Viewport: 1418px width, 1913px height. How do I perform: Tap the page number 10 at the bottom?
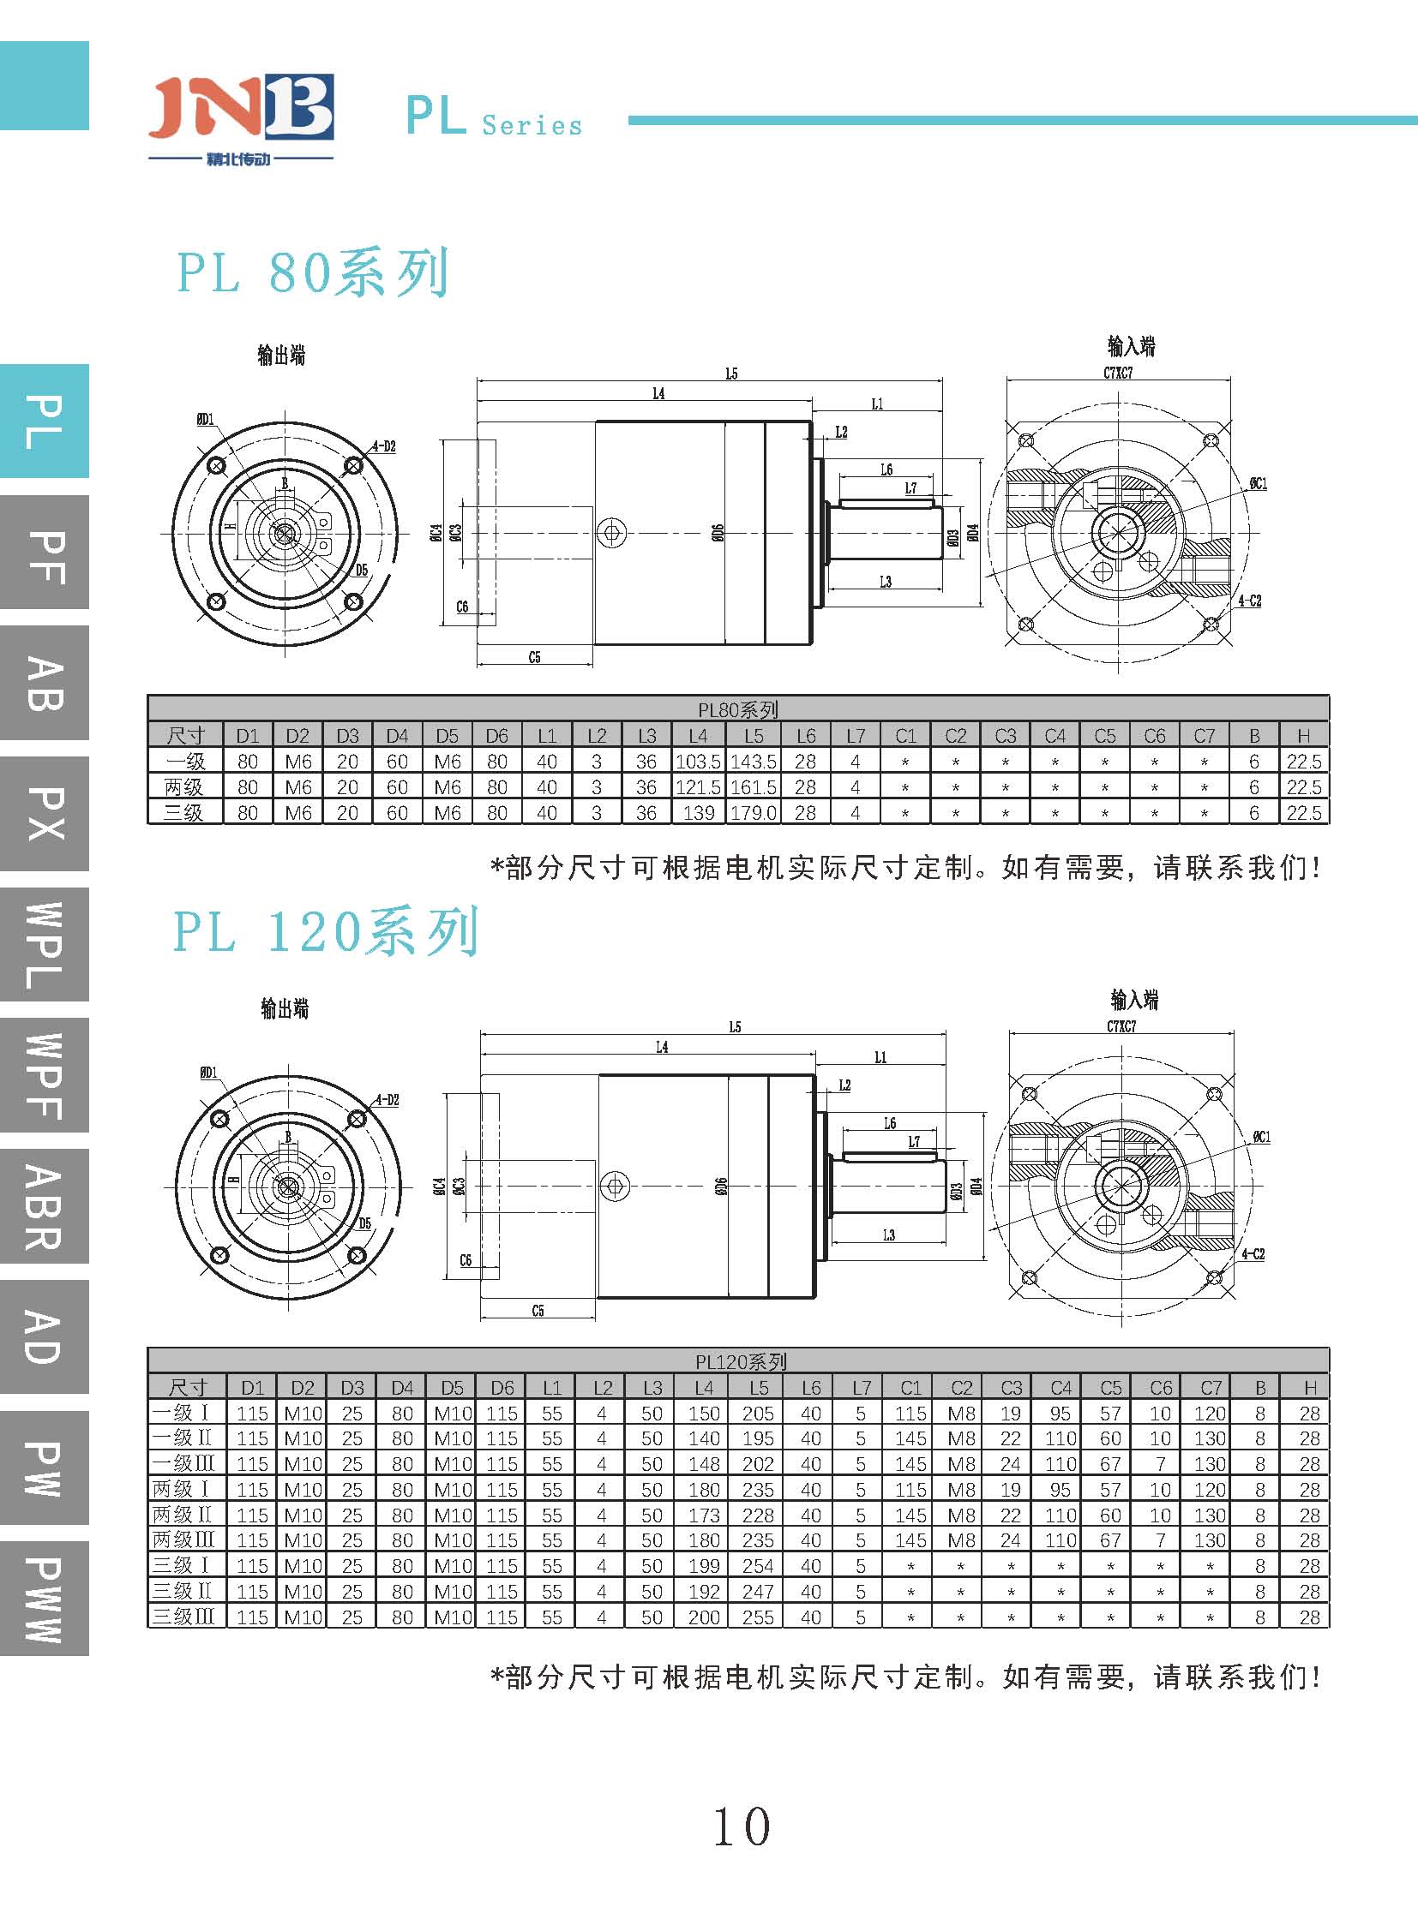tap(742, 1826)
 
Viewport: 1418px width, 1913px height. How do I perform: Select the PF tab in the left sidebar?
tap(45, 553)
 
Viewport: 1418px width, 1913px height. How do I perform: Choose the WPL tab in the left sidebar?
tap(45, 944)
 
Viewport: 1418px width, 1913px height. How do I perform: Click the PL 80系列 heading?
tap(312, 272)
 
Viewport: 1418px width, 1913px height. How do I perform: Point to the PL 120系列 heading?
tap(325, 931)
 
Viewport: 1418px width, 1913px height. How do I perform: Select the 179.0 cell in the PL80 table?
tap(753, 812)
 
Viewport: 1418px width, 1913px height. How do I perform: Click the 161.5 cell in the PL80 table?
tap(753, 786)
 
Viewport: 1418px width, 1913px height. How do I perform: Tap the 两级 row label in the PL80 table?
tap(184, 786)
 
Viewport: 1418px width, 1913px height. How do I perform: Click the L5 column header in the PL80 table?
tap(753, 736)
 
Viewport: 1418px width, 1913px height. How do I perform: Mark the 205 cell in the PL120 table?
tap(758, 1413)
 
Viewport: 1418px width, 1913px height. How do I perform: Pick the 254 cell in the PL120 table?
tap(758, 1565)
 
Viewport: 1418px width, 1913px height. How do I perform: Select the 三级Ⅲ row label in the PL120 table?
tap(184, 1617)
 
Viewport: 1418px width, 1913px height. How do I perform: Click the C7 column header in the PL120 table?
tap(1211, 1388)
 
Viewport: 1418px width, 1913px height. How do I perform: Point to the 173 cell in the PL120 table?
tap(704, 1515)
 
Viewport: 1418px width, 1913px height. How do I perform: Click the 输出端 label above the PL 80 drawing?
tap(281, 356)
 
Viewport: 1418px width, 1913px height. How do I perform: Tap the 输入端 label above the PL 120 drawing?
tap(1134, 1000)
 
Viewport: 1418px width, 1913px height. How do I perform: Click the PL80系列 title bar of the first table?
tap(738, 709)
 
